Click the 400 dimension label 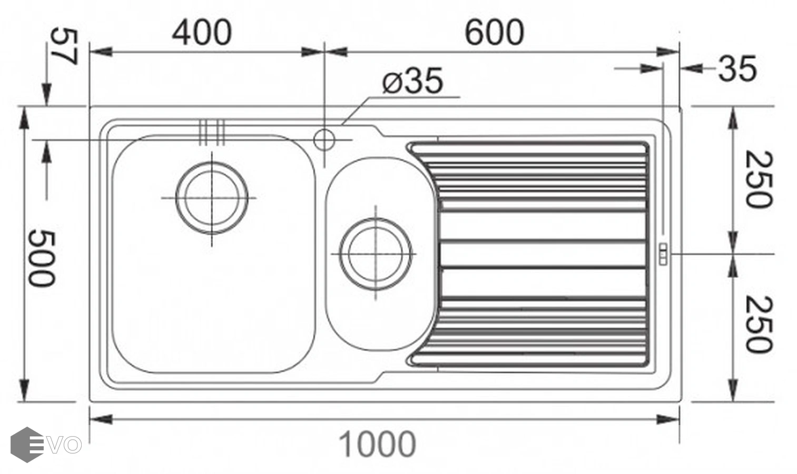point(202,33)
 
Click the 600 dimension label point(495,33)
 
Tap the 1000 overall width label point(378,444)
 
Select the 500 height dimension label point(42,258)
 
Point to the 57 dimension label point(64,47)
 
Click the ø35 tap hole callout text point(413,81)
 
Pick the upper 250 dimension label point(759,179)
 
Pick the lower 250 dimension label point(759,324)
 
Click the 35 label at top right point(737,68)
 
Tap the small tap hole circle point(324,140)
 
